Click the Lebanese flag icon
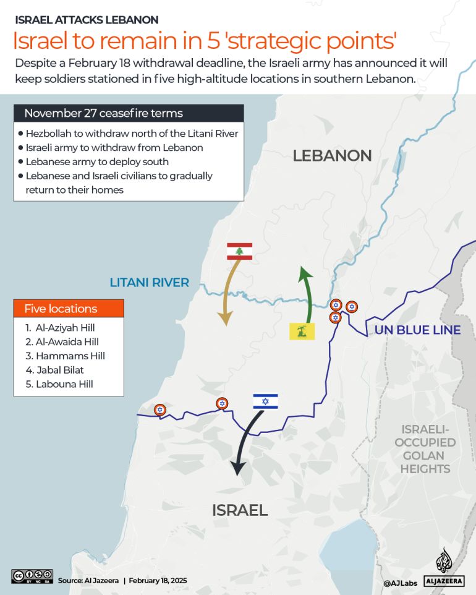click(x=240, y=251)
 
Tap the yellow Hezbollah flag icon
click(x=302, y=331)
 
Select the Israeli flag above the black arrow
click(x=265, y=401)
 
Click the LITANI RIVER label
click(x=149, y=283)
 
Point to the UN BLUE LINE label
click(x=417, y=330)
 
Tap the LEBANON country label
click(x=332, y=155)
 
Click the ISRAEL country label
click(x=240, y=510)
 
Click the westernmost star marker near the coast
click(x=160, y=409)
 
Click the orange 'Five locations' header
click(x=69, y=309)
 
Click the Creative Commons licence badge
click(x=32, y=576)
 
